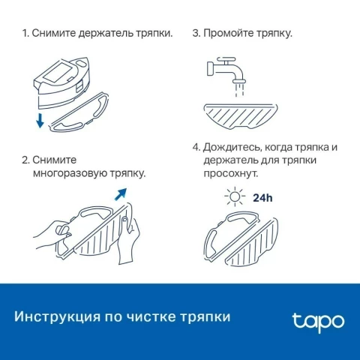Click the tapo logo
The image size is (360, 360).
[x=318, y=322]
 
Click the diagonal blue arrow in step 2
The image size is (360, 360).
[x=121, y=194]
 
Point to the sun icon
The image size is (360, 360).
[x=235, y=196]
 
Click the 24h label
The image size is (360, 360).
[x=262, y=198]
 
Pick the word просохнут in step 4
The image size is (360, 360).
[x=230, y=173]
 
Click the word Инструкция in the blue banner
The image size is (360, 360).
[x=57, y=317]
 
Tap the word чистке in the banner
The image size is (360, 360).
[x=151, y=317]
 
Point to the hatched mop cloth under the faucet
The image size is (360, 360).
[x=241, y=116]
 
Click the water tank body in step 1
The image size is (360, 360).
[x=61, y=82]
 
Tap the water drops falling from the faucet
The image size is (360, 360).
[x=239, y=90]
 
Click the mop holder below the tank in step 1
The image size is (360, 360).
[x=79, y=112]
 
